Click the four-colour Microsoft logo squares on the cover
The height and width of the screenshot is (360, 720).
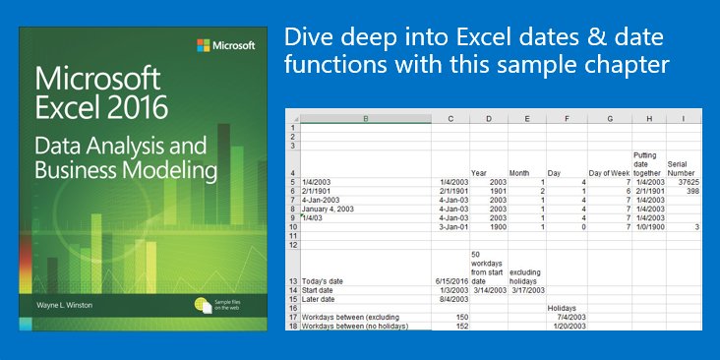(x=204, y=44)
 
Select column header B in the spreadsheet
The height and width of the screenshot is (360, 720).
(x=366, y=119)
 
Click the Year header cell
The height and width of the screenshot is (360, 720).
(x=479, y=173)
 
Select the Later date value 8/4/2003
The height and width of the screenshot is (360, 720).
(x=451, y=298)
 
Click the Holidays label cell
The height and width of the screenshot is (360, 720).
(x=563, y=307)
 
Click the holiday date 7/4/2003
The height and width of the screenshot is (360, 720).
(x=571, y=316)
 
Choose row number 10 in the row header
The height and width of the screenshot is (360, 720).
(x=291, y=226)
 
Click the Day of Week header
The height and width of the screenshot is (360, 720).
(x=609, y=173)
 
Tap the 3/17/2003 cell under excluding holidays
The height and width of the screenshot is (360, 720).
(x=527, y=289)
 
